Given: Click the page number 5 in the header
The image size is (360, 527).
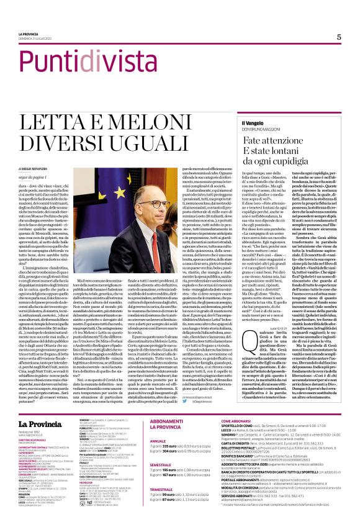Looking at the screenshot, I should tap(339, 37).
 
